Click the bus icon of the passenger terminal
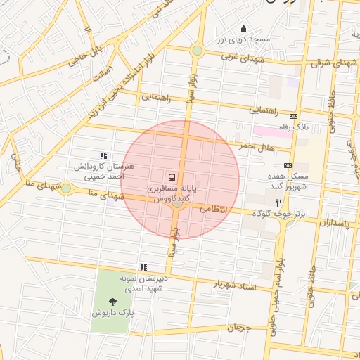[x=172, y=176]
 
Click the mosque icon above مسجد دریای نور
[x=243, y=28]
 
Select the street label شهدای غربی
[x=243, y=58]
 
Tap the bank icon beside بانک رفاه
[x=293, y=117]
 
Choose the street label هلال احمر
[x=256, y=146]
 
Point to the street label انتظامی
[x=214, y=209]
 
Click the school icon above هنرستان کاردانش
[x=103, y=155]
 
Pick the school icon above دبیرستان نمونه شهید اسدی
[x=143, y=267]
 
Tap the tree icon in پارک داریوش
[x=114, y=302]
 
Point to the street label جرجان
[x=239, y=328]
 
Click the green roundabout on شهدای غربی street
[x=197, y=51]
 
